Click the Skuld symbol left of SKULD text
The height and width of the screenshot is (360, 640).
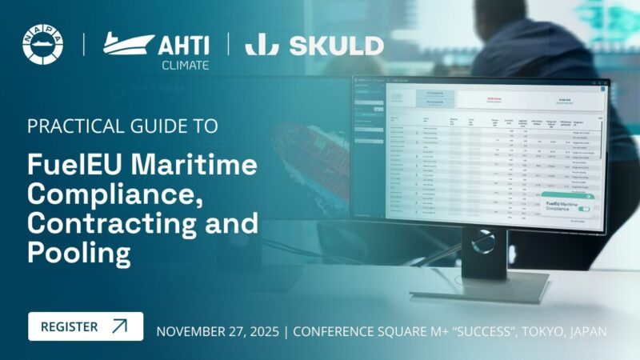pyautogui.click(x=261, y=45)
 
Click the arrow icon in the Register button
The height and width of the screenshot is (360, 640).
pyautogui.click(x=119, y=326)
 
